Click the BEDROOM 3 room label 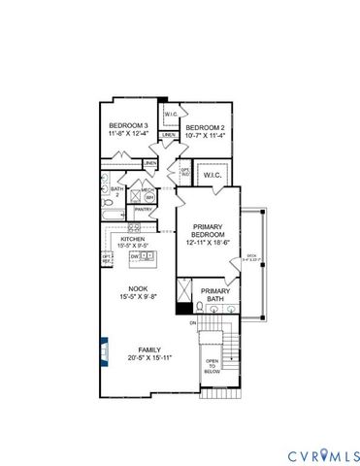(x=128, y=126)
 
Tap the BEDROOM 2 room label (x=205, y=128)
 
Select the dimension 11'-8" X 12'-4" (x=128, y=135)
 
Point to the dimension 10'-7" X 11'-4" (x=205, y=137)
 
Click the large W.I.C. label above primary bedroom (x=214, y=177)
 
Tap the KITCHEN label (x=133, y=240)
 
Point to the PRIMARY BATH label (x=214, y=294)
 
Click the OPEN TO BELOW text (x=212, y=365)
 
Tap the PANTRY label (x=144, y=209)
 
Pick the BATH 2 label (x=116, y=192)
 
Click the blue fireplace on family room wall (x=104, y=346)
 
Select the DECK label (x=251, y=256)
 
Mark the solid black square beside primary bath (x=181, y=310)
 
